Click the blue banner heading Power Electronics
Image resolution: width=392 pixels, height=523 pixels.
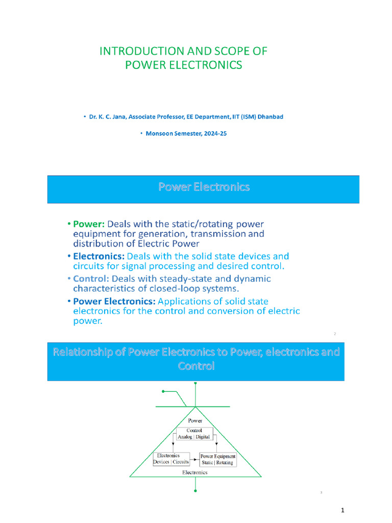click(203, 187)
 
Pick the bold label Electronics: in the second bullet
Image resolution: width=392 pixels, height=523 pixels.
click(99, 256)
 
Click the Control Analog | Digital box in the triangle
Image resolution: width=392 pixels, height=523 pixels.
click(194, 434)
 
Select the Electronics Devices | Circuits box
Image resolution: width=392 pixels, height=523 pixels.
click(171, 459)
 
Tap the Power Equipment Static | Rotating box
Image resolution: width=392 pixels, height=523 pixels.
click(217, 459)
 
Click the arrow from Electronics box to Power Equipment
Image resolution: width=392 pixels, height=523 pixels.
click(194, 459)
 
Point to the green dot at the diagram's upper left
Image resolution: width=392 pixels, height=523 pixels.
click(163, 391)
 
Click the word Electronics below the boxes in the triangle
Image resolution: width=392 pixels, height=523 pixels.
click(195, 472)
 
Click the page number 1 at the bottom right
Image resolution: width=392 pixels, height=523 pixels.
click(344, 510)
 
